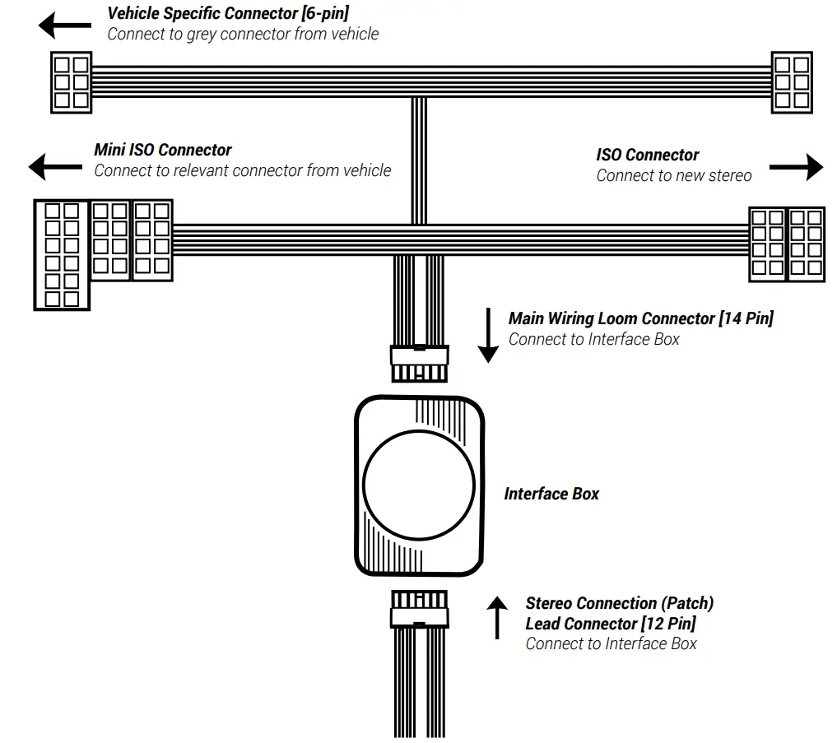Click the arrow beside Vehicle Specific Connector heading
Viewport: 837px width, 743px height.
(65, 26)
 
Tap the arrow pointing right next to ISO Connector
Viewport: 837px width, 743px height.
(796, 167)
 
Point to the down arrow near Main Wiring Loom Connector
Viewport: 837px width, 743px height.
(488, 336)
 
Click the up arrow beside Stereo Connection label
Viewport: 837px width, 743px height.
(497, 617)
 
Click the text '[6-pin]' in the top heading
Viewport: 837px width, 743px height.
(326, 13)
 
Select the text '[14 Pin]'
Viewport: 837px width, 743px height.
(746, 318)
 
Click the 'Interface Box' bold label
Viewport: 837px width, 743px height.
(551, 494)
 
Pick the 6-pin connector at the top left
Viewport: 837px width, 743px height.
(70, 82)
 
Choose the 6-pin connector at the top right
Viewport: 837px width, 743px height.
(791, 82)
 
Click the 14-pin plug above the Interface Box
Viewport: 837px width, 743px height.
(419, 363)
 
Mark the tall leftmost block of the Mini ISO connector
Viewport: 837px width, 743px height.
(62, 255)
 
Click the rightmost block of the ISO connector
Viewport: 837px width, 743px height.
(806, 244)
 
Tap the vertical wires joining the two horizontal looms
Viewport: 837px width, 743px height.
(419, 160)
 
